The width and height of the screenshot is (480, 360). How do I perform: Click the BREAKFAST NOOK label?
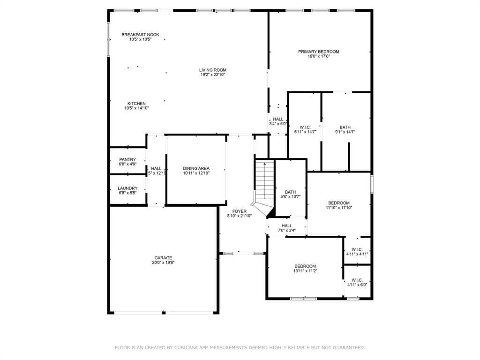point(140,35)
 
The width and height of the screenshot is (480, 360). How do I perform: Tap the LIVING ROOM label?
point(213,70)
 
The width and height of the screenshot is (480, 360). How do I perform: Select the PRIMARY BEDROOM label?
point(319,52)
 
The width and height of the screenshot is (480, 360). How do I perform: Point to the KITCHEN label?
point(136,104)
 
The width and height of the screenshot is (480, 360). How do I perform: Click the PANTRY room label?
point(127,159)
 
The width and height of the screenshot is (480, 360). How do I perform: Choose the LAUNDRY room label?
point(127,188)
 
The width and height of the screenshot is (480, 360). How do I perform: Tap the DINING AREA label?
point(196,168)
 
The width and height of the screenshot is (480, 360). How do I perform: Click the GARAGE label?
point(163,258)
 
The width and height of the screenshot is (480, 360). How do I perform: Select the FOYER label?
point(240,211)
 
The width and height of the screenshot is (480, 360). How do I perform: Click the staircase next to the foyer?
point(262,188)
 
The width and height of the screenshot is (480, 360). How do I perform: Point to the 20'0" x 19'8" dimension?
point(163,262)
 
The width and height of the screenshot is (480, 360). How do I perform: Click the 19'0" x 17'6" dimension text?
point(319,56)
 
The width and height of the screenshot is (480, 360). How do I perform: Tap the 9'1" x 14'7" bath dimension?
point(345,132)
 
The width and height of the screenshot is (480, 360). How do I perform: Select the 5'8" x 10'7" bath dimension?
point(291,197)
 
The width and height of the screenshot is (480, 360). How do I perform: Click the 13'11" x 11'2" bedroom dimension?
point(305,271)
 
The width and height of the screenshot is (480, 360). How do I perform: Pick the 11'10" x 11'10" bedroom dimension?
point(339,208)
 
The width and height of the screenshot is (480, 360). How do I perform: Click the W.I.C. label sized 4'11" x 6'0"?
point(357,280)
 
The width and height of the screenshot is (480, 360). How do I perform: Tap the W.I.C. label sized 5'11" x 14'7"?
point(305,127)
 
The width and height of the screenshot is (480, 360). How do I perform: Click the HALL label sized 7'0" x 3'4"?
point(287,225)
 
